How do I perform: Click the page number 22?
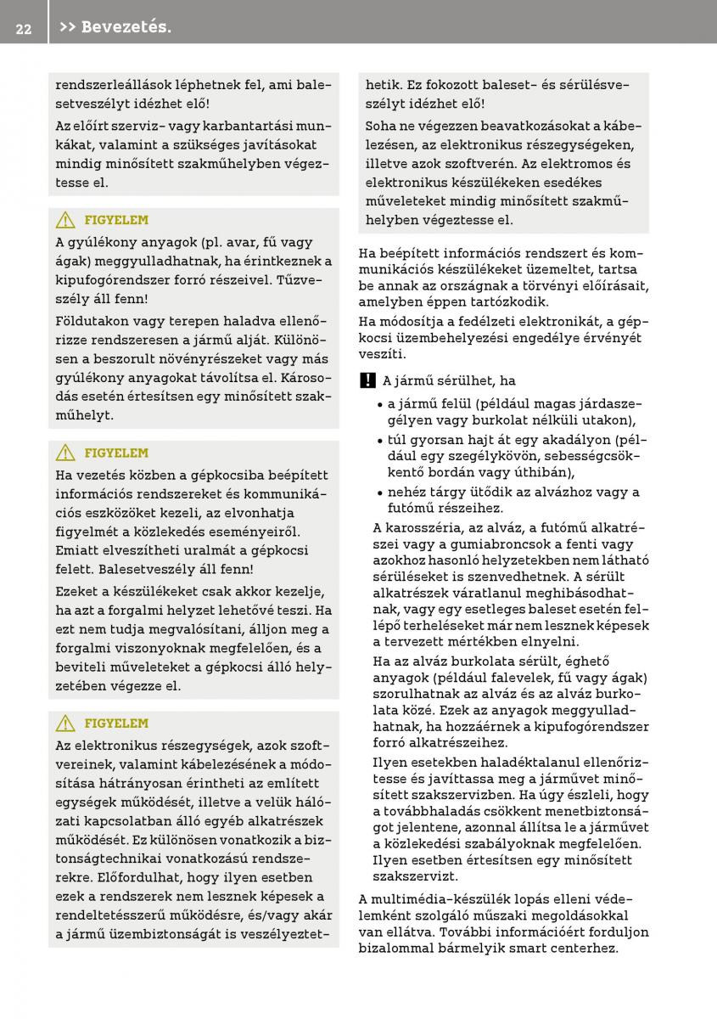coord(23,28)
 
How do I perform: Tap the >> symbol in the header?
coord(68,28)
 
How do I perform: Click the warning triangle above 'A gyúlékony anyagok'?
coord(65,221)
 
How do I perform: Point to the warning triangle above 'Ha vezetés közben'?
coord(65,453)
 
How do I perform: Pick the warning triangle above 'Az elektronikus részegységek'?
coord(65,723)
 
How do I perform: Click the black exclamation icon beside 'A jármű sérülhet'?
coord(366,381)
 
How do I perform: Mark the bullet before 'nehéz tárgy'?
coord(380,493)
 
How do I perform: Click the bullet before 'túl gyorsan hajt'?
coord(380,441)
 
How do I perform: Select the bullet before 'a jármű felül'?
coord(380,404)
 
